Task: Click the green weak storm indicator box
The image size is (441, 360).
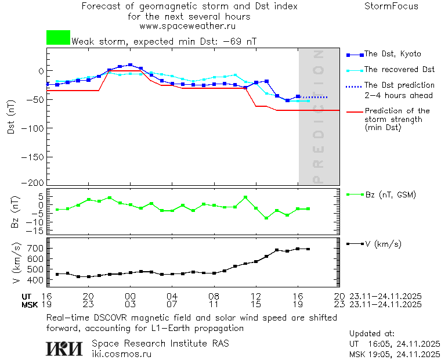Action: [x=58, y=38]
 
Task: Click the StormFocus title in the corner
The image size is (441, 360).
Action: [x=391, y=7]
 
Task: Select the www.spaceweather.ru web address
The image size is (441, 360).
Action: [x=187, y=26]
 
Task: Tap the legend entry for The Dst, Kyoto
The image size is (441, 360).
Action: [x=392, y=54]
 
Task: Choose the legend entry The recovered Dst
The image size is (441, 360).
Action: [x=399, y=70]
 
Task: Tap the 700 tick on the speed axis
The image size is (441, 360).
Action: [x=36, y=249]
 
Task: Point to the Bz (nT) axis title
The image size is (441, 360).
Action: [x=16, y=211]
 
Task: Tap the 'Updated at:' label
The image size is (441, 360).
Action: [x=372, y=334]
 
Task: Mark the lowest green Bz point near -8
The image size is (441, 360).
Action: [x=266, y=218]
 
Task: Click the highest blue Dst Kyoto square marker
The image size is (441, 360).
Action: [x=130, y=65]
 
